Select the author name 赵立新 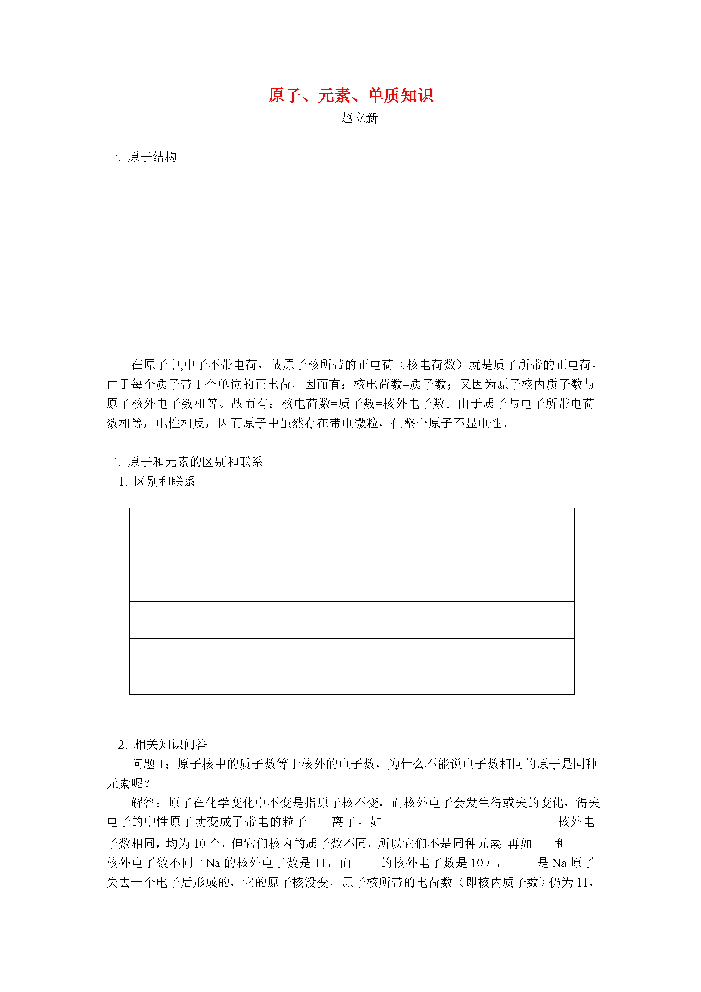359,118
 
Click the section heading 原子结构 152,157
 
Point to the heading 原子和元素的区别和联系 195,462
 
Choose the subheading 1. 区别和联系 157,481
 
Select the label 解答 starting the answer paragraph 143,803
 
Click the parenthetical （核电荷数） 431,365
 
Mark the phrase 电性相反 181,423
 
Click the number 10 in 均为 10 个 199,843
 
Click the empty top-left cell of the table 160,517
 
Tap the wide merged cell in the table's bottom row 383,666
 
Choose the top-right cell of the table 479,517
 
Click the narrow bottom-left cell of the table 160,666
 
